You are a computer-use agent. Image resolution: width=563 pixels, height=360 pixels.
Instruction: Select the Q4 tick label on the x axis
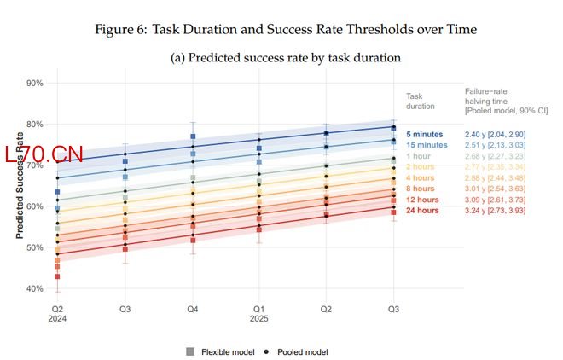[x=192, y=308]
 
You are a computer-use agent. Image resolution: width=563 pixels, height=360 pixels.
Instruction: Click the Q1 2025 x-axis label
[x=259, y=313]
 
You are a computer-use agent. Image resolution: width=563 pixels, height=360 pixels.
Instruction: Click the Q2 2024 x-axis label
[x=58, y=313]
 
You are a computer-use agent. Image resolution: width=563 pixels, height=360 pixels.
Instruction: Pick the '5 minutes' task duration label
[x=425, y=135]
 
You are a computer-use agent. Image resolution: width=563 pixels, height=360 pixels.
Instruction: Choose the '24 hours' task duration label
[x=422, y=210]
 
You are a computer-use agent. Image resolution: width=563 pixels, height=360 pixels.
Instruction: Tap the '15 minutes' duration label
[x=427, y=146]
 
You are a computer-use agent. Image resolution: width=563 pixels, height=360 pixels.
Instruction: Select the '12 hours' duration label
[x=422, y=199]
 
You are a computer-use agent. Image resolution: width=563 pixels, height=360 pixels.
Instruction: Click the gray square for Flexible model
[x=189, y=351]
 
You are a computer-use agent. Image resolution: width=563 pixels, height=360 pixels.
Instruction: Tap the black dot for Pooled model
[x=266, y=351]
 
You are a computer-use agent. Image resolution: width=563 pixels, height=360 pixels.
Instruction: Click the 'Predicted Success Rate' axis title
[x=19, y=185]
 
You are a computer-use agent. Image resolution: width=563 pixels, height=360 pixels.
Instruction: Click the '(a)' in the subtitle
[x=180, y=58]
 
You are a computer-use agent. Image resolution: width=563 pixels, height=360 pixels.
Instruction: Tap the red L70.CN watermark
[x=44, y=155]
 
